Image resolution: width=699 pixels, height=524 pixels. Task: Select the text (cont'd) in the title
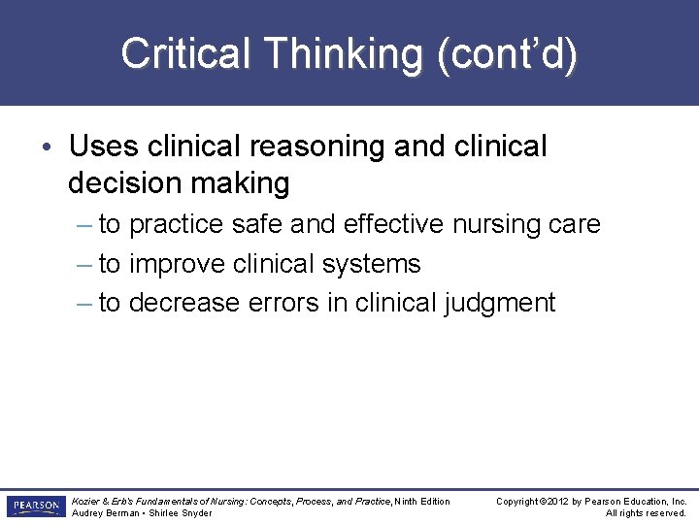click(507, 53)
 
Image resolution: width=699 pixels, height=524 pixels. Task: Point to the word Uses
click(105, 147)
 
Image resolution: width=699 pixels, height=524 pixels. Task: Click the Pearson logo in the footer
click(35, 507)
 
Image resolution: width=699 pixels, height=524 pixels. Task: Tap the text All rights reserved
click(646, 512)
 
